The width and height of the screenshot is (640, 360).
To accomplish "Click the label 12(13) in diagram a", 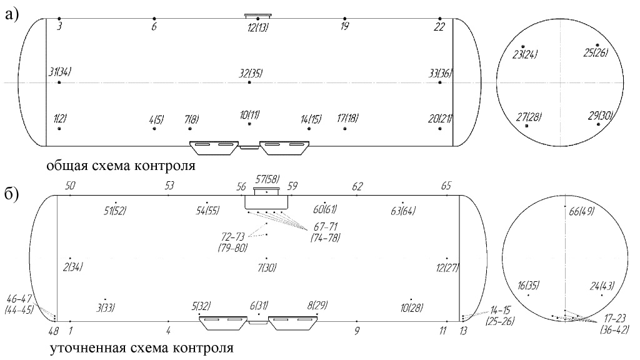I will pyautogui.click(x=257, y=27).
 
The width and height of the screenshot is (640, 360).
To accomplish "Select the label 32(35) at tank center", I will pyautogui.click(x=250, y=72).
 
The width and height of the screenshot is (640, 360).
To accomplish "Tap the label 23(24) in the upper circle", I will pyautogui.click(x=525, y=54).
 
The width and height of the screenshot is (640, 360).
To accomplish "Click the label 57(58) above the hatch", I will pyautogui.click(x=267, y=180).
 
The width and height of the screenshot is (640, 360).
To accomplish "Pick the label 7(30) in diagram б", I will pyautogui.click(x=267, y=267).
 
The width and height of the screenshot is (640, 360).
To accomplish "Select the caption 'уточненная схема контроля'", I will pyautogui.click(x=142, y=347).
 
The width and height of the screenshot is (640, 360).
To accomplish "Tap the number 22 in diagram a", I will pyautogui.click(x=440, y=27).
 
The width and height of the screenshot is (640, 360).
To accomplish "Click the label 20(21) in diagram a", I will pyautogui.click(x=440, y=119).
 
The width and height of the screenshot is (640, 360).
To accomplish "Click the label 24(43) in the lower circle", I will pyautogui.click(x=603, y=287).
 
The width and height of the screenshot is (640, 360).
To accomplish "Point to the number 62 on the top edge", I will pyautogui.click(x=357, y=186).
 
